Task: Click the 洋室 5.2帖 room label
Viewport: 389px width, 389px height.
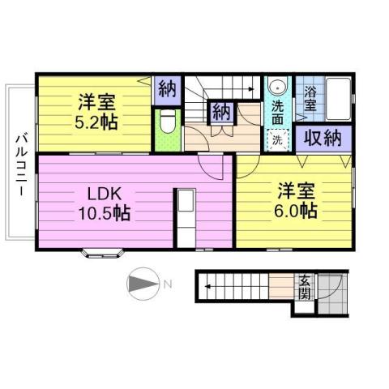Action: point(95,113)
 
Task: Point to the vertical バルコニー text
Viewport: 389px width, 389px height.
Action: point(20,162)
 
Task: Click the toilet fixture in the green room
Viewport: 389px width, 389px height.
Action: point(166,122)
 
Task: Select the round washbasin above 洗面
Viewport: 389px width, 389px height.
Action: point(277,88)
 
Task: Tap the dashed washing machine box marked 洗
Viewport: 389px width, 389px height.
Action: point(276,139)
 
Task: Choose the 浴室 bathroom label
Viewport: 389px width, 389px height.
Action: point(310,96)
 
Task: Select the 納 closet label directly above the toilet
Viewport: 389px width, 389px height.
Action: point(168,88)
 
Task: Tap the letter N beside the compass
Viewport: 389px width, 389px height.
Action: point(168,284)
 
